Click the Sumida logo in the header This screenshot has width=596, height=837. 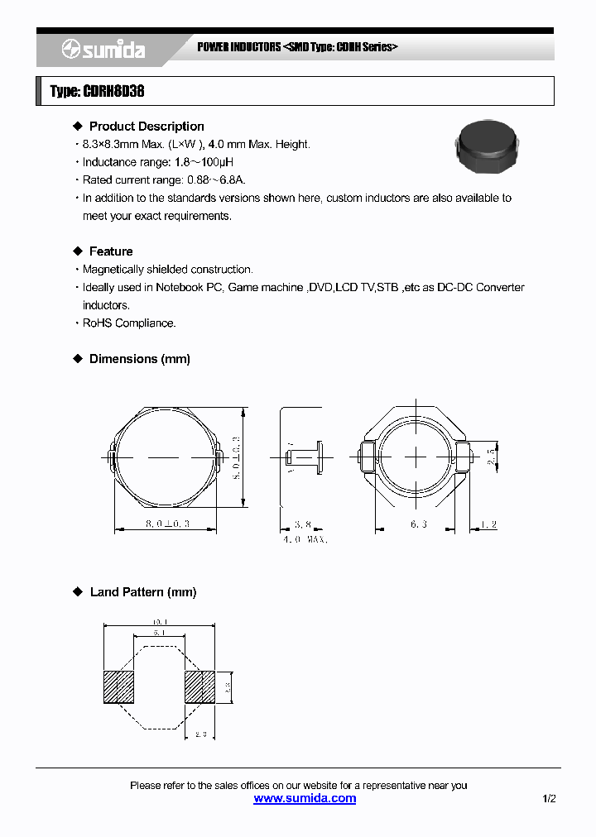(x=103, y=50)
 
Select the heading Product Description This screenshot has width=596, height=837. (x=147, y=127)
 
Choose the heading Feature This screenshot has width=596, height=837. (x=111, y=251)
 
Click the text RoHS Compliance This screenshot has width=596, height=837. (x=129, y=323)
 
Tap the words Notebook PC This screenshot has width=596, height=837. (x=189, y=287)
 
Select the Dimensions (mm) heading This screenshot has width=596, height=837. (x=140, y=359)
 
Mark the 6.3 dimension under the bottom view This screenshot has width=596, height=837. (x=418, y=524)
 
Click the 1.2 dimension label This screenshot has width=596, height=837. (x=488, y=524)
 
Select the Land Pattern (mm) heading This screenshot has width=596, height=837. (x=143, y=592)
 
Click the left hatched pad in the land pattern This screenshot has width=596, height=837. (x=118, y=687)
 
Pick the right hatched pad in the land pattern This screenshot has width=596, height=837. (x=199, y=687)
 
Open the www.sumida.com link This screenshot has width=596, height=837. (x=305, y=798)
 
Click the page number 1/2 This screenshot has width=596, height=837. (x=550, y=798)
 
